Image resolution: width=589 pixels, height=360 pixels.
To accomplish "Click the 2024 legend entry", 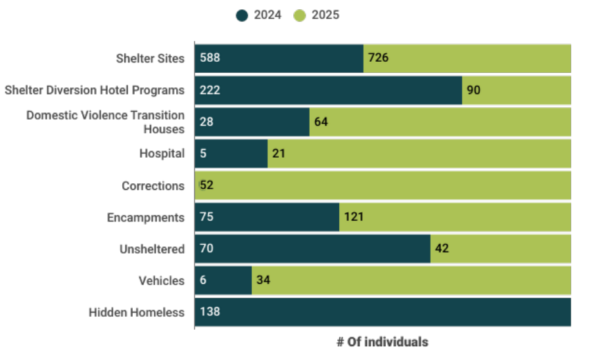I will [258, 14].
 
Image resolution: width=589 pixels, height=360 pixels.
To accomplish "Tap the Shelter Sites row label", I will [150, 58].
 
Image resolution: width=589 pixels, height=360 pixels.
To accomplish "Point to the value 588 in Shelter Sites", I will [210, 58].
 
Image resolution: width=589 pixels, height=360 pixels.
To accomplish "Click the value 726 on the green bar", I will [379, 58].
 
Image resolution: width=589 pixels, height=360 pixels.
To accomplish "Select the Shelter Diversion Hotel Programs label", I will [95, 90].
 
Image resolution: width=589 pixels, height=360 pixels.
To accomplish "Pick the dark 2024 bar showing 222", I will [328, 90].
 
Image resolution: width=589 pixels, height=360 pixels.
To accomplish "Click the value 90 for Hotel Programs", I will [473, 90].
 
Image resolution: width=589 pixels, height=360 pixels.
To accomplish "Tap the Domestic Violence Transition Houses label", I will [105, 122].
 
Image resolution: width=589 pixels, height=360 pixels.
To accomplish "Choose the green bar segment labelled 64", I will [440, 122].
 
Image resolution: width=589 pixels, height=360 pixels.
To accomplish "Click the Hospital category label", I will [162, 154].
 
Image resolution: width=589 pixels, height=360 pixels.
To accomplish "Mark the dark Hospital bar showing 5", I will [231, 154].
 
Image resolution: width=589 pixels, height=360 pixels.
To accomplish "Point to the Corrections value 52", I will [206, 186].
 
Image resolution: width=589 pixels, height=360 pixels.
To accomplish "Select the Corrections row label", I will [153, 186].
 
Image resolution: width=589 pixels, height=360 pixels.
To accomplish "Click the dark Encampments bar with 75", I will [266, 217].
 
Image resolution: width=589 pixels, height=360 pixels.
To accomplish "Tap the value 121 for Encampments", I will [353, 217].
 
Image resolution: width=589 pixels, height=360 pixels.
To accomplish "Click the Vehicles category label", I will [162, 281].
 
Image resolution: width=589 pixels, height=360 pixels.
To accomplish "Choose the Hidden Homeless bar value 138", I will [210, 313].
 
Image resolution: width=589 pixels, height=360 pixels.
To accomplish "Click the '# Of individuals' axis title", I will [383, 342].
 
